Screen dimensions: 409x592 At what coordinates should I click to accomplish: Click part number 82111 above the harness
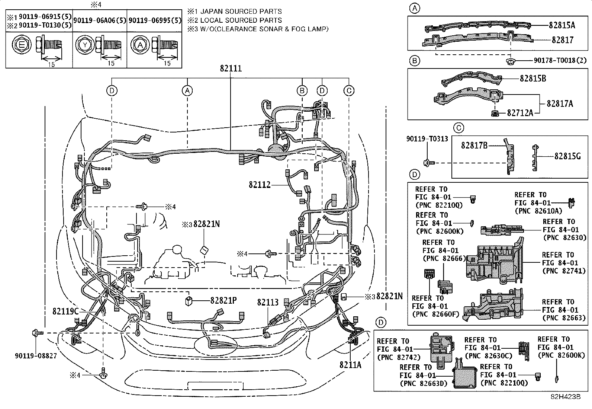pos(231,68)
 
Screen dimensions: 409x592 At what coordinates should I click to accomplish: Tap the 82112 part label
pos(260,185)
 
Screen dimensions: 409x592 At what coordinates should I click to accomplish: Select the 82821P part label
pos(223,301)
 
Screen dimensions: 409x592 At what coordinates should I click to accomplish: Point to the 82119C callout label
pos(65,311)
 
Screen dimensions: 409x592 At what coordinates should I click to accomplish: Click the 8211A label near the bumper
pos(350,365)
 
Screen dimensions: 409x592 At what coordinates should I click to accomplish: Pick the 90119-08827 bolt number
pos(36,356)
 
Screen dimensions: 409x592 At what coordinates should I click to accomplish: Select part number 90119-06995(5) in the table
pos(155,21)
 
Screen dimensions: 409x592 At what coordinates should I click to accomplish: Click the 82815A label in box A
pos(562,25)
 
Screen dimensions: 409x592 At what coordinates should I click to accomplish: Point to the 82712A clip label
pos(520,113)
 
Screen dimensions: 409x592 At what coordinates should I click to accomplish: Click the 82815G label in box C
pos(567,156)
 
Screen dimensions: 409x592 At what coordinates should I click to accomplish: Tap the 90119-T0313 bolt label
pos(427,139)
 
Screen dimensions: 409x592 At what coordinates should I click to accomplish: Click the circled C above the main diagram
pos(349,90)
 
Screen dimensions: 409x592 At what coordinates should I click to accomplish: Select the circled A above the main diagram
pos(188,90)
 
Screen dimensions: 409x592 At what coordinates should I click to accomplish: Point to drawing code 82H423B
pos(566,397)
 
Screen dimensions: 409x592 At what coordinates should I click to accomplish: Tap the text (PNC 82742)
pos(399,357)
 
